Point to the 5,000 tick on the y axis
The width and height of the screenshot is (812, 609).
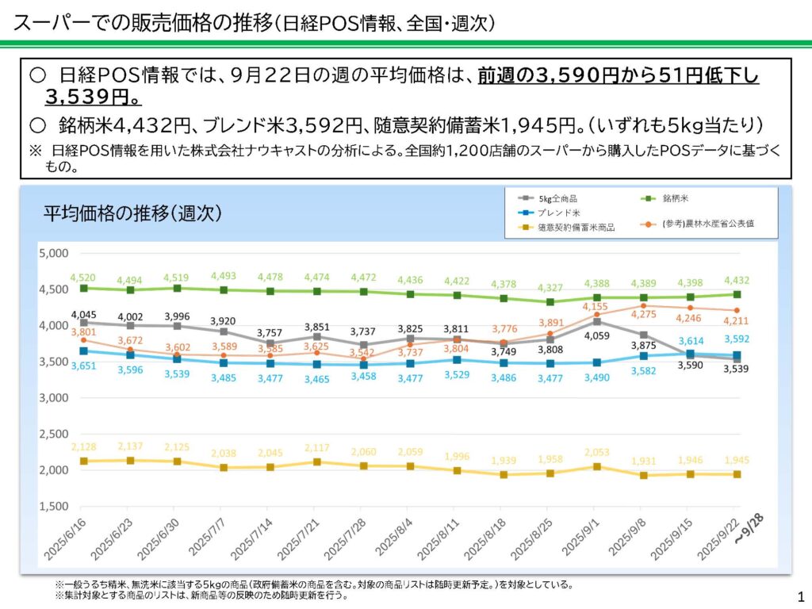(53, 253)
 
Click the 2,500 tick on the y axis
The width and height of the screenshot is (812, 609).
(53, 434)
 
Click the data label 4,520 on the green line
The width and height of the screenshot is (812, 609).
(83, 278)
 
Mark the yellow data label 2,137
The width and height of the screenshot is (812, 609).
(130, 446)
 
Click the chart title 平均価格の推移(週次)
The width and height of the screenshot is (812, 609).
(132, 213)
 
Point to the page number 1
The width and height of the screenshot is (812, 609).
(799, 596)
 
